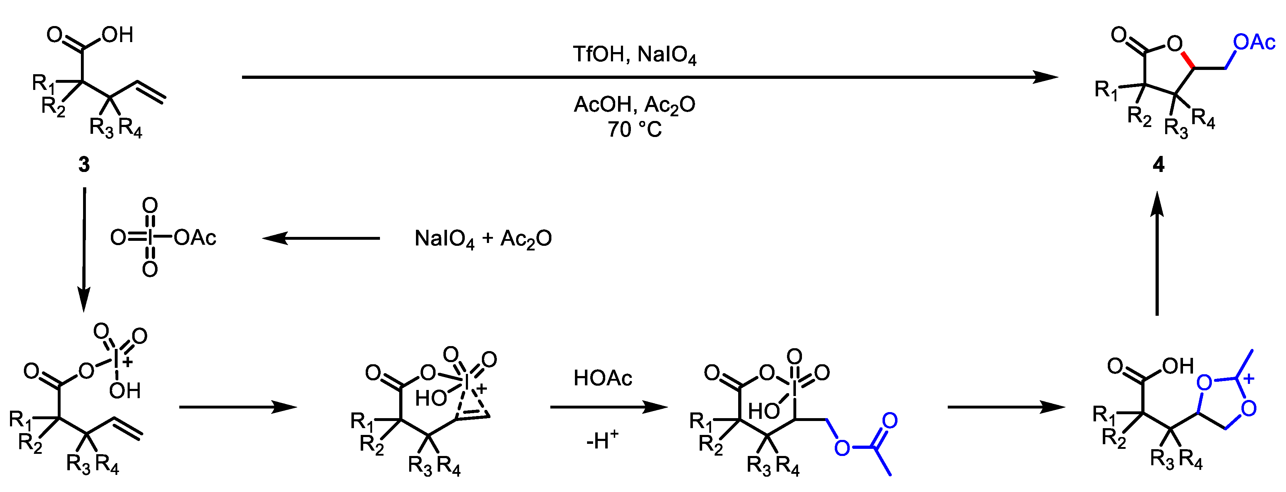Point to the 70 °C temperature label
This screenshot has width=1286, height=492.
coord(634,130)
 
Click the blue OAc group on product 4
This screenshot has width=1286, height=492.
coord(1254,42)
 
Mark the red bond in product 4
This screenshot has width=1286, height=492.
coord(1188,60)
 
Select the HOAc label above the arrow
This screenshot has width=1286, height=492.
coord(603,378)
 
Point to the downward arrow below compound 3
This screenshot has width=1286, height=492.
coord(84,250)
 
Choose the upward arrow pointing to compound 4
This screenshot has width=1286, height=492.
coord(1157,259)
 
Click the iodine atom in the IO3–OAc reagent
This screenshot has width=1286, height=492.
coord(150,238)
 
